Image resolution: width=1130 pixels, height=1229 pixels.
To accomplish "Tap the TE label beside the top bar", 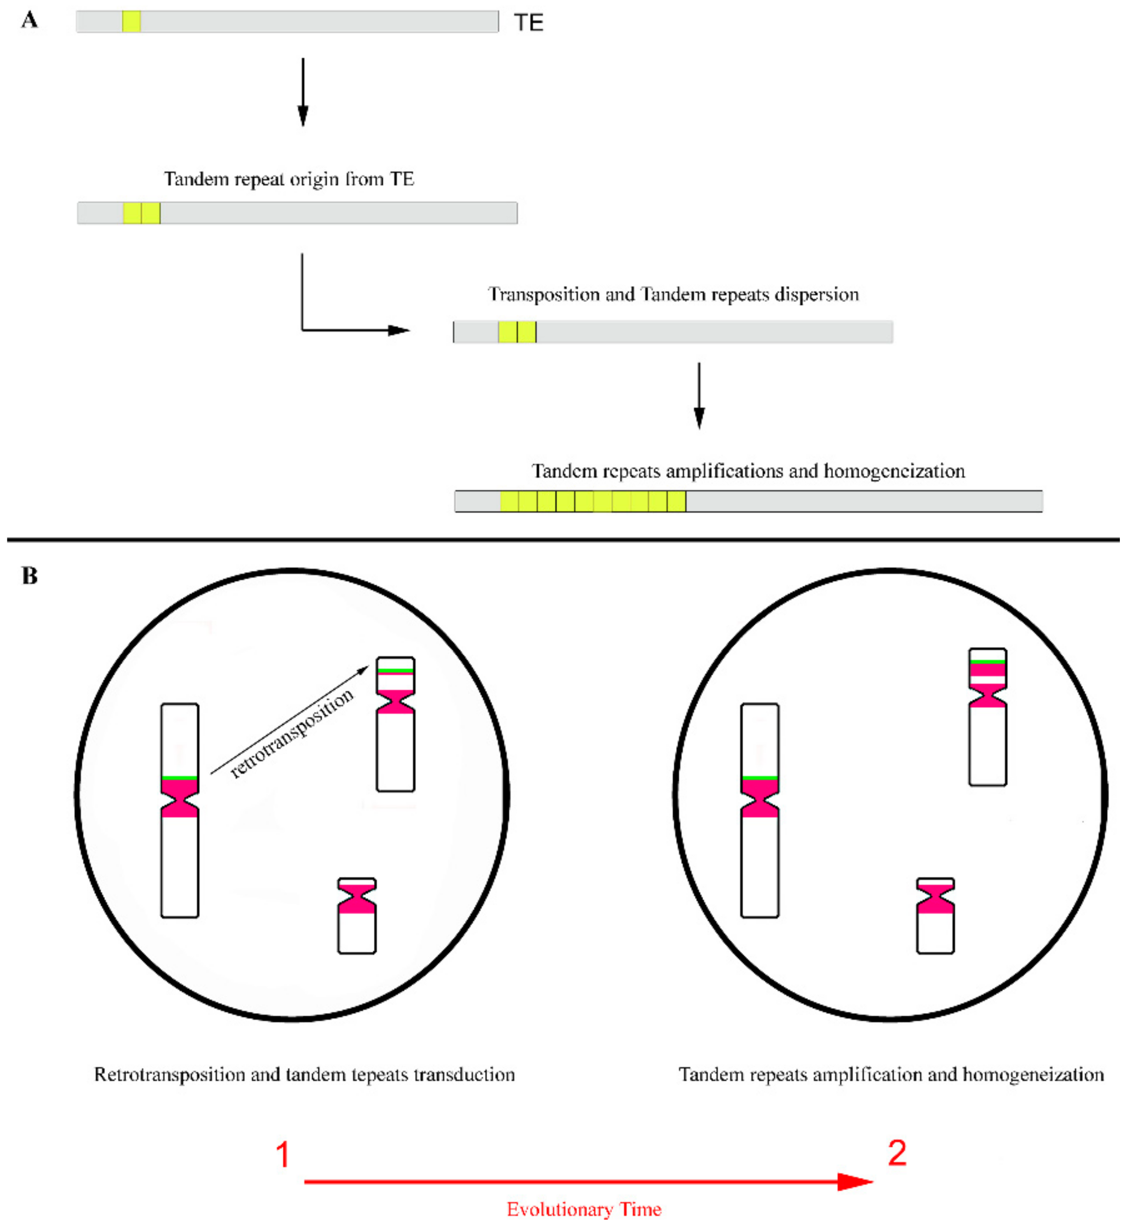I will (x=528, y=23).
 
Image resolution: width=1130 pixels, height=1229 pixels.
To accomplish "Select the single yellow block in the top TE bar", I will (x=131, y=21).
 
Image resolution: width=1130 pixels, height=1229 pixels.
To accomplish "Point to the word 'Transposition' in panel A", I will (x=544, y=295).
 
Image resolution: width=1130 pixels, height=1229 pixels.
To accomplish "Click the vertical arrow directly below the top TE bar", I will (x=303, y=92).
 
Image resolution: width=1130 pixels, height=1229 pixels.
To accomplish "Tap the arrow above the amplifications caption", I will (x=699, y=395).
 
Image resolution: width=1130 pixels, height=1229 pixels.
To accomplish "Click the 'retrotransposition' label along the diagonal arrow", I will (x=292, y=733).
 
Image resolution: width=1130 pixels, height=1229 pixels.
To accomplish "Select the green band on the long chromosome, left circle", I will (x=179, y=777).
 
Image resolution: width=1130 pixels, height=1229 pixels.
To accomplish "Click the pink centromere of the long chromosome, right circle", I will (x=759, y=798).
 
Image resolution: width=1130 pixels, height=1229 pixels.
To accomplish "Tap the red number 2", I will (x=897, y=1153).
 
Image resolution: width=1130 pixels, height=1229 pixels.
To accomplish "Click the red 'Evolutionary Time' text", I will (x=583, y=1209).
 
